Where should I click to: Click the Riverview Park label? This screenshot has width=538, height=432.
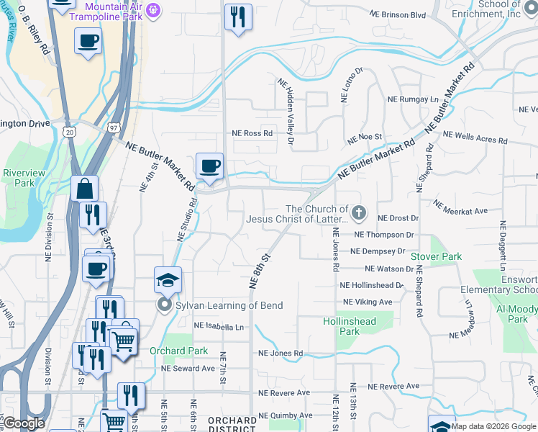click(x=24, y=178)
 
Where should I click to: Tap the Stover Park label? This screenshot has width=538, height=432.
click(x=436, y=256)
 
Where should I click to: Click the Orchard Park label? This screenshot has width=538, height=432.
click(x=178, y=351)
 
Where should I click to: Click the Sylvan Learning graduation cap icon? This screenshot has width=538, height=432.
click(x=168, y=280)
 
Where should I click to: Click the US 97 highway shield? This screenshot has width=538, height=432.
click(x=114, y=127)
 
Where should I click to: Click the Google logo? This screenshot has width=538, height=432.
click(x=24, y=423)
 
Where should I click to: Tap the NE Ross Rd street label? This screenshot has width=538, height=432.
click(x=252, y=133)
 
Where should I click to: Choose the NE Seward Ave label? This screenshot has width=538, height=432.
click(x=188, y=368)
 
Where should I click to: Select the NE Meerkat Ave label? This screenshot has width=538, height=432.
click(x=463, y=211)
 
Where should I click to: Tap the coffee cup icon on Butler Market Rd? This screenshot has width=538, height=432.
click(x=210, y=166)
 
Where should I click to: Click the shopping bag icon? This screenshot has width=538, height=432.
click(x=84, y=189)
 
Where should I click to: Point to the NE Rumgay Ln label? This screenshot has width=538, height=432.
click(x=412, y=99)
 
